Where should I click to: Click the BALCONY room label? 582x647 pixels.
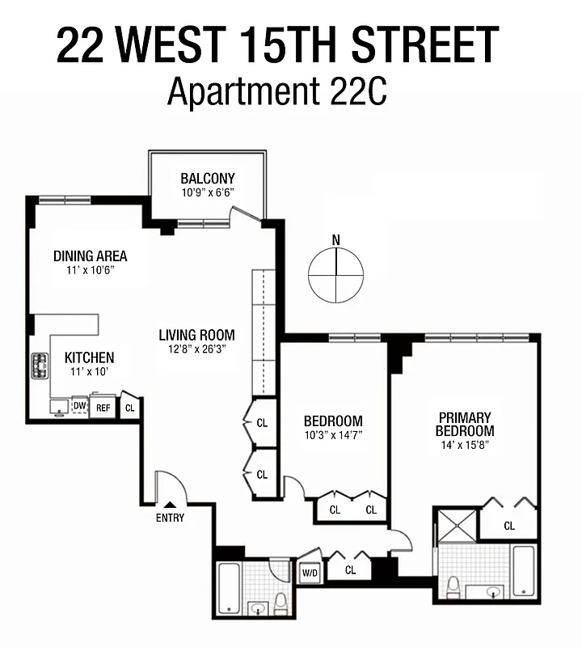coord(208,179)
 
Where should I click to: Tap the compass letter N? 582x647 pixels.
coord(336,239)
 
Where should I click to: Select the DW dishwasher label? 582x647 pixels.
coord(79,406)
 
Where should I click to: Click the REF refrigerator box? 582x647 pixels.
coord(103,408)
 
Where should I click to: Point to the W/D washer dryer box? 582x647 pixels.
coord(310,573)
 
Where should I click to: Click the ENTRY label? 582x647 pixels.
coord(170,518)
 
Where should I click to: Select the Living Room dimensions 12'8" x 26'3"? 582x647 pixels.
coord(196,350)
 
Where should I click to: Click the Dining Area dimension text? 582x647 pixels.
coord(91,271)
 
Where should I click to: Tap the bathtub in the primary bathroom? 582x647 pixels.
coord(524,571)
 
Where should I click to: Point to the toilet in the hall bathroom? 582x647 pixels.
coord(280,603)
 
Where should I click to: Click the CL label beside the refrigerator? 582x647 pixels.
coord(129,408)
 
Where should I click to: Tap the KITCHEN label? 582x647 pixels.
coord(89,357)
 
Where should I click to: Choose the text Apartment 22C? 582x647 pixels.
coord(277,91)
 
